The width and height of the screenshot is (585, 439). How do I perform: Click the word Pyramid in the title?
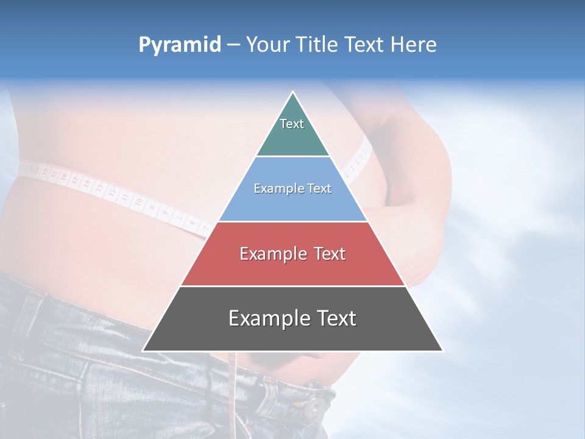179,45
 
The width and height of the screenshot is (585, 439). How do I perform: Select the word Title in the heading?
317,45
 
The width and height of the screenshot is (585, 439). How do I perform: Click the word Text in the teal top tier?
292,124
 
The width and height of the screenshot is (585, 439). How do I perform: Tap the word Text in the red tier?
330,254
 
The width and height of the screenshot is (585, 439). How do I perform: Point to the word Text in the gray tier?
335,318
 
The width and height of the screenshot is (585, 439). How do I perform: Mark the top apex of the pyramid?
292,92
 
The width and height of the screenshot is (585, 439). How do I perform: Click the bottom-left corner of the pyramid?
143,351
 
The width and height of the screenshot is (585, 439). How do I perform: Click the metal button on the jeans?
316,405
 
